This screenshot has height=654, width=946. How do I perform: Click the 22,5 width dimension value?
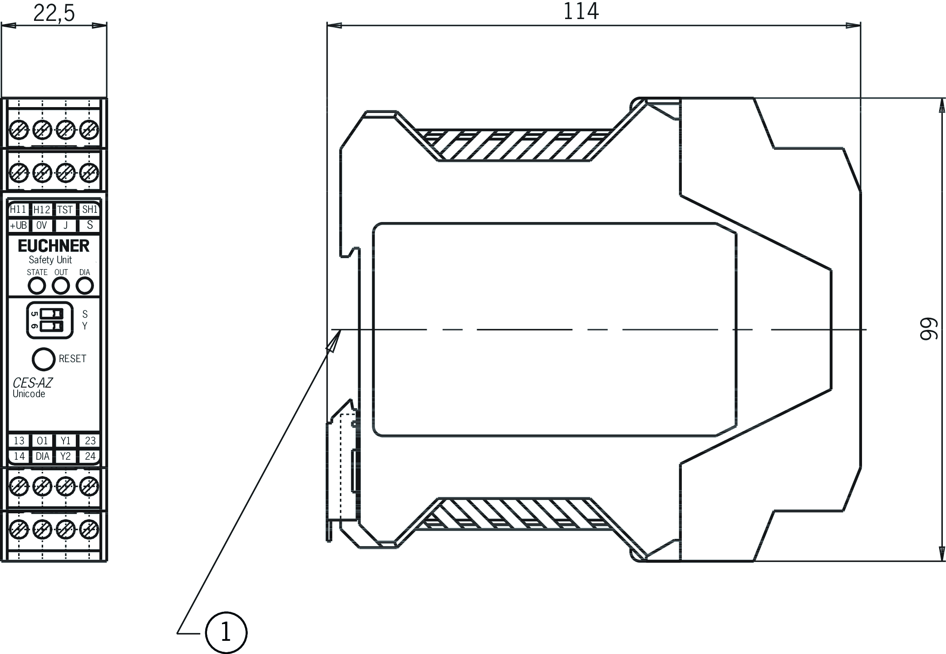pos(54,13)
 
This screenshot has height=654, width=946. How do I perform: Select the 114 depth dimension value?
pos(581,11)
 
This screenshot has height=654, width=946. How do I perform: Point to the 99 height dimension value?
pos(928,329)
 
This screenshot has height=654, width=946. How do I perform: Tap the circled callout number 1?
pos(226,632)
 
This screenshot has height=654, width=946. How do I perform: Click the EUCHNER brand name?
pos(54,246)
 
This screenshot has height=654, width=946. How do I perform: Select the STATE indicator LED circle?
pos(37,286)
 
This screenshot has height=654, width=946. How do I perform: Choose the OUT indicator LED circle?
pos(61,286)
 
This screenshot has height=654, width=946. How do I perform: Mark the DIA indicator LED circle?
pos(84,286)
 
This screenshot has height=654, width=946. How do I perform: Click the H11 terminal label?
pos(18,209)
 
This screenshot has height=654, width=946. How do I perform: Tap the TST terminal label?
pos(65,210)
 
